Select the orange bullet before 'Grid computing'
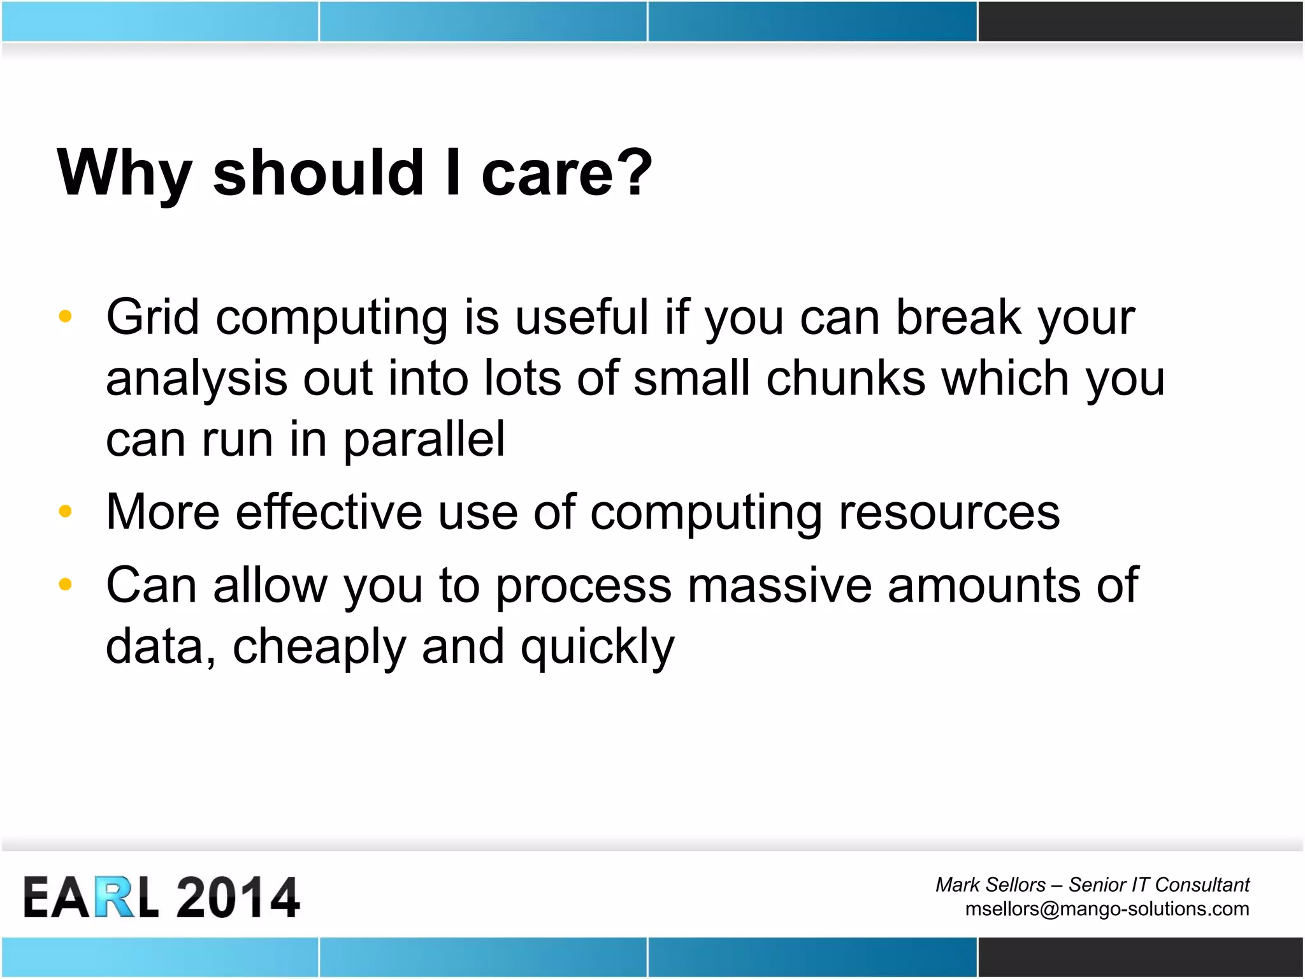click(x=65, y=316)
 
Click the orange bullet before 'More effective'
click(x=65, y=511)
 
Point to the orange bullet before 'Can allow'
click(x=65, y=584)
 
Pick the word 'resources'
click(x=949, y=512)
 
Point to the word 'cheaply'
click(x=319, y=648)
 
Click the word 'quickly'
click(x=597, y=648)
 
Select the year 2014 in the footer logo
click(x=237, y=897)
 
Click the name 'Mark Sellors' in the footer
click(x=990, y=885)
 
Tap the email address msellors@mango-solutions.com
click(x=1107, y=909)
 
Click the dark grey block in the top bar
click(x=1141, y=21)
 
